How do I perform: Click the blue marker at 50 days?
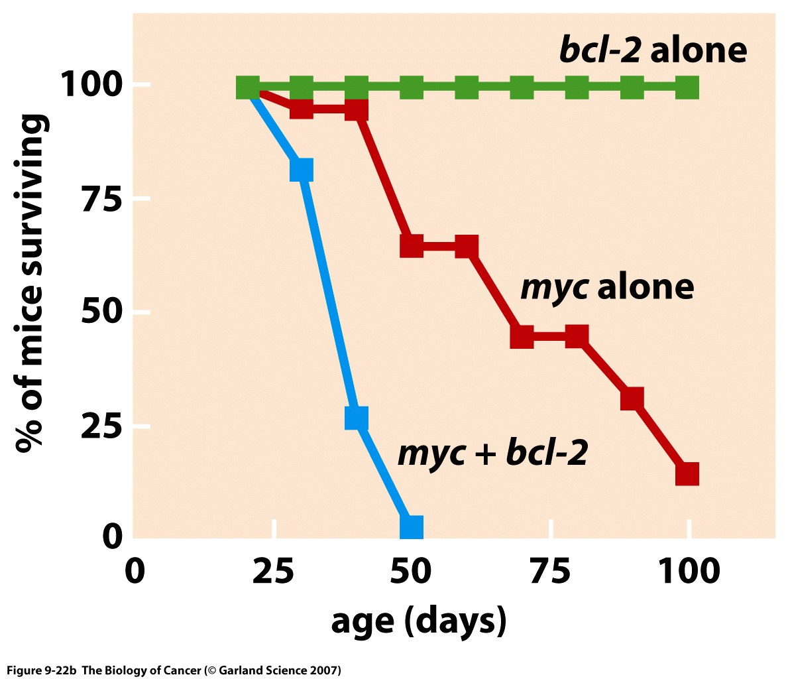[x=412, y=527]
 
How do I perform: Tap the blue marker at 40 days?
[x=357, y=418]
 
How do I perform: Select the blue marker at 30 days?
[x=301, y=170]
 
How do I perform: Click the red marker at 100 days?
[x=687, y=474]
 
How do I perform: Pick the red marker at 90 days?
[x=632, y=399]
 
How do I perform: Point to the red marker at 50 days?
[x=412, y=246]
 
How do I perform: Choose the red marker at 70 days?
[x=522, y=336]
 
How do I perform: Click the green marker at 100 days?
[x=687, y=87]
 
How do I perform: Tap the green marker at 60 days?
[x=467, y=87]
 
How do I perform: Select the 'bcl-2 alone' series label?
[x=653, y=50]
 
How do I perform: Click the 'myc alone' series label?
[x=607, y=287]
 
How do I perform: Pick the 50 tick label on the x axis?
[x=412, y=572]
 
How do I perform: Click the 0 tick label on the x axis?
[x=135, y=572]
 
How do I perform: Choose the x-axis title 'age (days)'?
[x=418, y=620]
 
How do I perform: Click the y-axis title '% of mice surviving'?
[x=31, y=284]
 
